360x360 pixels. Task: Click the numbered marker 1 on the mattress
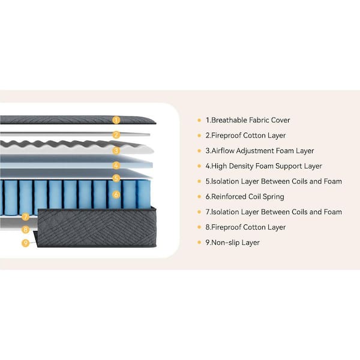[x=116, y=120]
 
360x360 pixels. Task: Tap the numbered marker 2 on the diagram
[x=116, y=135]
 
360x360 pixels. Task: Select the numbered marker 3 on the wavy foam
[x=116, y=151]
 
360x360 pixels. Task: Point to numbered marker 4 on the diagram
[x=116, y=165]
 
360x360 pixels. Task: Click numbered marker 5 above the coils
[x=116, y=178]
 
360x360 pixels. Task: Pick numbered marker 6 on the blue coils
[x=116, y=194]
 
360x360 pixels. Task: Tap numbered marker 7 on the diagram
[x=25, y=217]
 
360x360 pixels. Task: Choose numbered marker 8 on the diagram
[x=25, y=229]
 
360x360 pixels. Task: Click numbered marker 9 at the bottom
[x=25, y=243]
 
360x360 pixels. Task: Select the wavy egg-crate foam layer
[x=66, y=146]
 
